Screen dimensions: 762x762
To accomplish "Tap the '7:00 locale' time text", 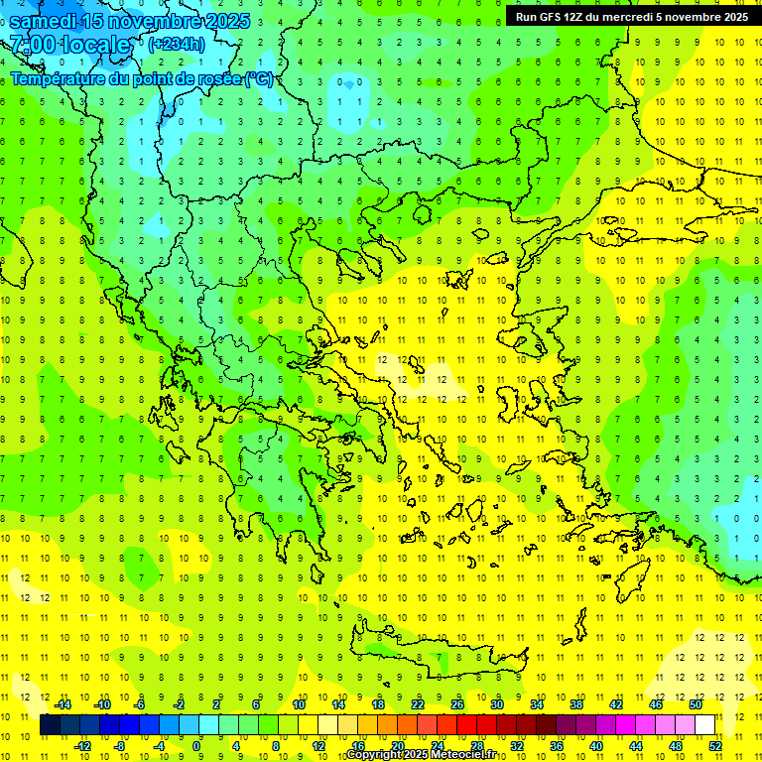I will [69, 45].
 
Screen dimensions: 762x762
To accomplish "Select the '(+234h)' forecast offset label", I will [176, 44].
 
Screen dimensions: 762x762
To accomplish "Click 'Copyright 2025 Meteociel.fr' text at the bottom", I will [421, 755].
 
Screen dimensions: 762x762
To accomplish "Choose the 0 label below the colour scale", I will [196, 746].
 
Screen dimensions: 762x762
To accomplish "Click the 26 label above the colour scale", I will [456, 704].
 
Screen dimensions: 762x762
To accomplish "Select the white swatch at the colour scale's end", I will [705, 725].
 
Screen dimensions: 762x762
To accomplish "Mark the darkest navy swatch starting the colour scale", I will [50, 725].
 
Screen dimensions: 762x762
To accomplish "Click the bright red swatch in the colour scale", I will [466, 725].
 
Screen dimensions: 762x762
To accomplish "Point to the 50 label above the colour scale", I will [695, 704].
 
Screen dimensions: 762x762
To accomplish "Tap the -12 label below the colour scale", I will [83, 746].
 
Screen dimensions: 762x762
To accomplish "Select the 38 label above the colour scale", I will [575, 704].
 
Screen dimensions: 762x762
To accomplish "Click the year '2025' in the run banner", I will [735, 17].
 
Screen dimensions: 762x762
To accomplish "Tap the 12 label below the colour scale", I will [318, 746].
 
